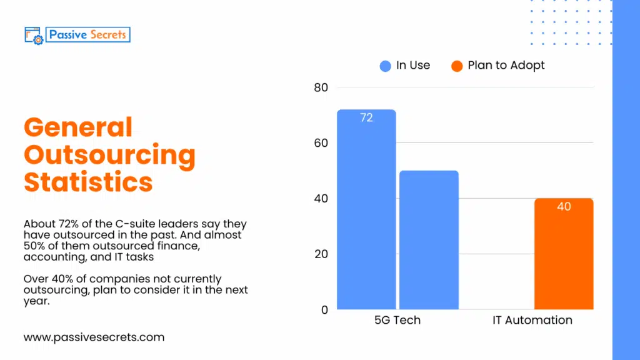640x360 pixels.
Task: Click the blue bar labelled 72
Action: tap(366, 209)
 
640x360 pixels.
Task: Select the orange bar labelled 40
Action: tap(564, 256)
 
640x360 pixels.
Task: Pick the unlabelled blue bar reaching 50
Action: tap(429, 240)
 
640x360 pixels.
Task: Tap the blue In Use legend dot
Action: tap(386, 66)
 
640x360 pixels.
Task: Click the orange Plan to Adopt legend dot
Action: tap(457, 66)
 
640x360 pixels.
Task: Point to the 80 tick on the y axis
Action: tap(321, 87)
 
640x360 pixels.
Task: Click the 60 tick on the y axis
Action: tap(321, 143)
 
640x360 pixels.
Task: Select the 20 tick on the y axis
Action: tap(321, 254)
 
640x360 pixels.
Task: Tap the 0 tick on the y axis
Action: tap(324, 310)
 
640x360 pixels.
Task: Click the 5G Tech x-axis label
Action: tap(397, 321)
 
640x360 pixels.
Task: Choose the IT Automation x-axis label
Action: tap(532, 321)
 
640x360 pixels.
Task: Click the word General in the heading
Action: tap(78, 128)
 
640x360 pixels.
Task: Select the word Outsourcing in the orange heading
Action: tap(109, 155)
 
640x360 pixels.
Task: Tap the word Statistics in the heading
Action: tap(88, 182)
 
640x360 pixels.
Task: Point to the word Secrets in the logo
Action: tap(107, 35)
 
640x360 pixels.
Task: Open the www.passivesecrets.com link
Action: tap(94, 337)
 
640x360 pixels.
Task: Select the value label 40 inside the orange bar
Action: tap(564, 207)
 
